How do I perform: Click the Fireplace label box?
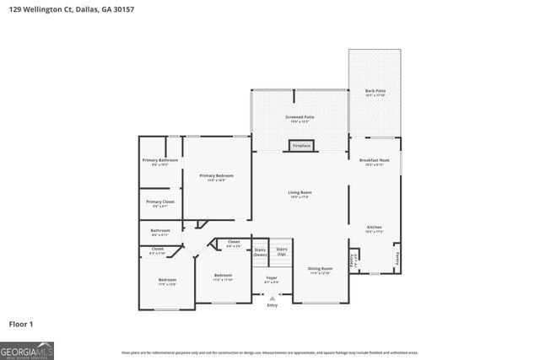point(301,146)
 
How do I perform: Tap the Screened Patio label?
point(300,119)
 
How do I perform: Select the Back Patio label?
point(375,93)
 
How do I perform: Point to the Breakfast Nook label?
point(374,162)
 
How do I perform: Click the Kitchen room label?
point(374,228)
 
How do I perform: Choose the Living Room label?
point(300,194)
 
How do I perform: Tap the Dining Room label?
point(320,270)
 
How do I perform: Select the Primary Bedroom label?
point(217,177)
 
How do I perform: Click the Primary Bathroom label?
point(160,162)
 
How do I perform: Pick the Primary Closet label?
point(160,203)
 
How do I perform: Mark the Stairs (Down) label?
point(260,251)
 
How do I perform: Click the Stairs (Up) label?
point(282,250)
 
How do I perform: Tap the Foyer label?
point(271,278)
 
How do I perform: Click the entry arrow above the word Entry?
point(271,297)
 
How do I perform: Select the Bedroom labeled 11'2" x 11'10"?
point(223,277)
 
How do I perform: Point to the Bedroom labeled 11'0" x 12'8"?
point(167,281)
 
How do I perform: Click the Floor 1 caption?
point(22,323)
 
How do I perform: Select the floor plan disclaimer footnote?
point(269,352)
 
